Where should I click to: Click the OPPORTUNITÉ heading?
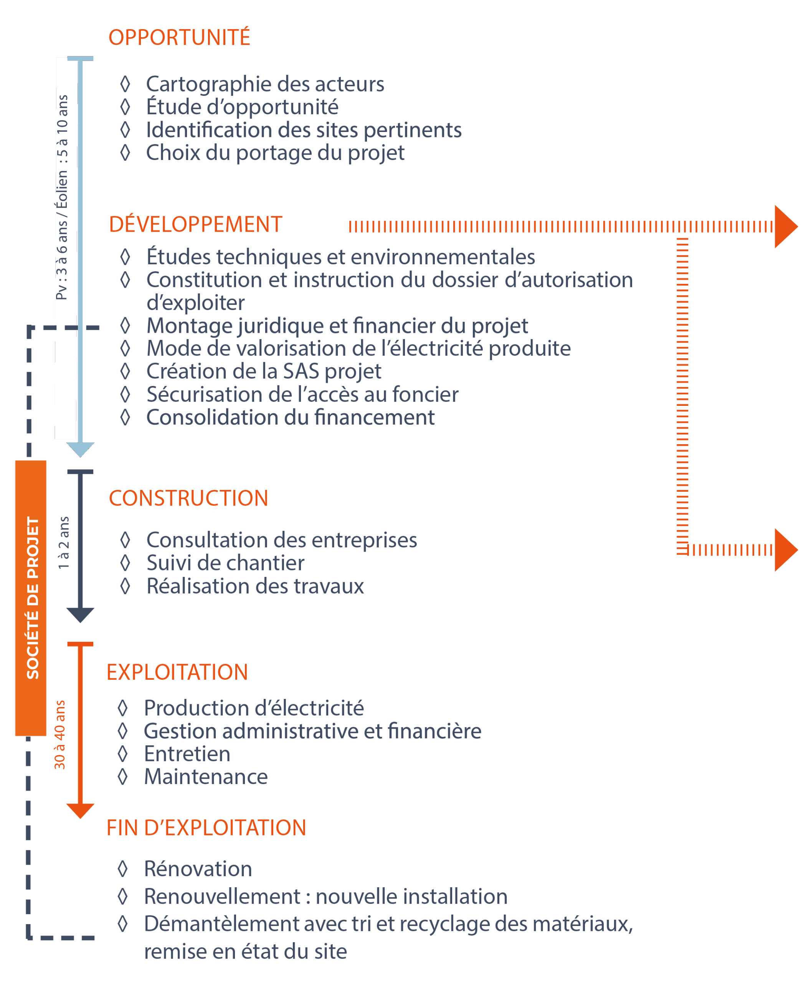pyautogui.click(x=179, y=37)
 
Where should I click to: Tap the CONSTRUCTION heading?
pyautogui.click(x=188, y=498)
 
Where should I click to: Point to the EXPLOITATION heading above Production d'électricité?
pyautogui.click(x=177, y=672)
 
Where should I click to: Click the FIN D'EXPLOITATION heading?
pyautogui.click(x=206, y=828)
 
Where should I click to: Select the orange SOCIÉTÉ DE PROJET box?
pyautogui.click(x=31, y=598)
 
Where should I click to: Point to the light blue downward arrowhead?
pyautogui.click(x=80, y=449)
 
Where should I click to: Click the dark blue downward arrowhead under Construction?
pyautogui.click(x=80, y=615)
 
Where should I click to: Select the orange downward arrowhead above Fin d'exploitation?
pyautogui.click(x=80, y=811)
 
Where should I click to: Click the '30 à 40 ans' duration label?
pyautogui.click(x=60, y=735)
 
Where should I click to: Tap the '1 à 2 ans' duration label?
pyautogui.click(x=64, y=543)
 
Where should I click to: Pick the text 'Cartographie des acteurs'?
pyautogui.click(x=265, y=84)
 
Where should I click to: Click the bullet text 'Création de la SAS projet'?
pyautogui.click(x=263, y=372)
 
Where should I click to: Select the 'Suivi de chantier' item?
pyautogui.click(x=225, y=563)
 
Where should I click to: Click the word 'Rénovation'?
pyautogui.click(x=198, y=869)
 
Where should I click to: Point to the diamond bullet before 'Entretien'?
pyautogui.click(x=123, y=754)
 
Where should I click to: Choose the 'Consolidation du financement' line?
pyautogui.click(x=290, y=417)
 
